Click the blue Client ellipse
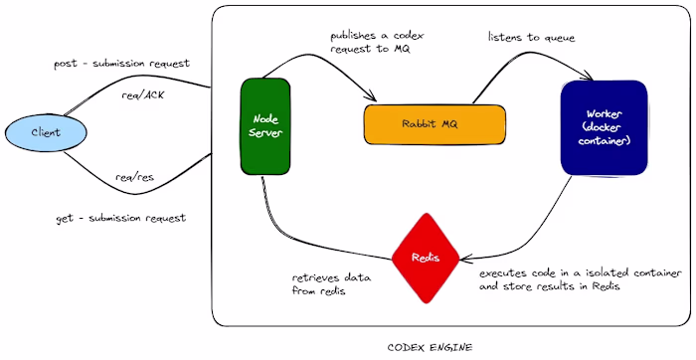pyautogui.click(x=45, y=132)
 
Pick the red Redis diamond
pyautogui.click(x=427, y=258)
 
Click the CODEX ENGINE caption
pyautogui.click(x=430, y=347)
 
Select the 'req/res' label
pyautogui.click(x=134, y=177)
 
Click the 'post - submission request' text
pyautogui.click(x=121, y=64)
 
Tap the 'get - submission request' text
pyautogui.click(x=120, y=217)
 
